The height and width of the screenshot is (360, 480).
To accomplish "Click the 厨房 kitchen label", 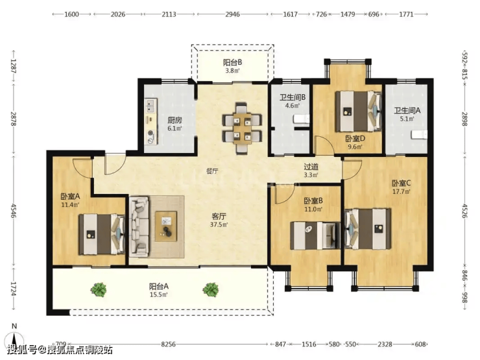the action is tap(174, 120).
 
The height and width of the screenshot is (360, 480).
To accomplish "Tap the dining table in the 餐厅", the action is tap(242, 128).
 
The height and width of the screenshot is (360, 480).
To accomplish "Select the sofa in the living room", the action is tap(139, 226).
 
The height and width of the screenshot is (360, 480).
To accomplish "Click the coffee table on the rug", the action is tap(165, 226).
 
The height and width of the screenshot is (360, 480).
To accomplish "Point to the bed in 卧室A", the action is tap(102, 234).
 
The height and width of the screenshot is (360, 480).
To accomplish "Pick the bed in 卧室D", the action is tap(359, 111).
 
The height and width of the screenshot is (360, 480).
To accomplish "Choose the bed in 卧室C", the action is tap(368, 229).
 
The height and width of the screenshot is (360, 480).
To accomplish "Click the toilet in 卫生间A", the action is tap(420, 134).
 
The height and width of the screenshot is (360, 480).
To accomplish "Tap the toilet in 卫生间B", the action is tap(302, 119).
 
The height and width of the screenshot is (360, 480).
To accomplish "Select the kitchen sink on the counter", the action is tap(150, 106).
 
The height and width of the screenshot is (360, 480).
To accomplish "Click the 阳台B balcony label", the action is tap(233, 62).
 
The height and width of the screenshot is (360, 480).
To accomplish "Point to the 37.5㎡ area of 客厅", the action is tap(219, 224).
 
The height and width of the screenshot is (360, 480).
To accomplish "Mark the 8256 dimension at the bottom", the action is tap(169, 344).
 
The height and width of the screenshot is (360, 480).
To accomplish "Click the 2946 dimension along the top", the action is tap(233, 14).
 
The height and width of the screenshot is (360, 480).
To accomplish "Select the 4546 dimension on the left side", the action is tap(13, 211).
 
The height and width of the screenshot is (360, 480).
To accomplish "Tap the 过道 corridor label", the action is tap(311, 167).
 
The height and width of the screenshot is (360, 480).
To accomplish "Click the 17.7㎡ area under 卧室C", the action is tap(402, 192).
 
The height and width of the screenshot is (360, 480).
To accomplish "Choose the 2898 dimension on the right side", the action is tap(464, 119).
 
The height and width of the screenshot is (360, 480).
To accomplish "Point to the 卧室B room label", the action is tap(313, 201).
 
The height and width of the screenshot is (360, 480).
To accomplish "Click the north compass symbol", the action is tap(14, 336).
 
